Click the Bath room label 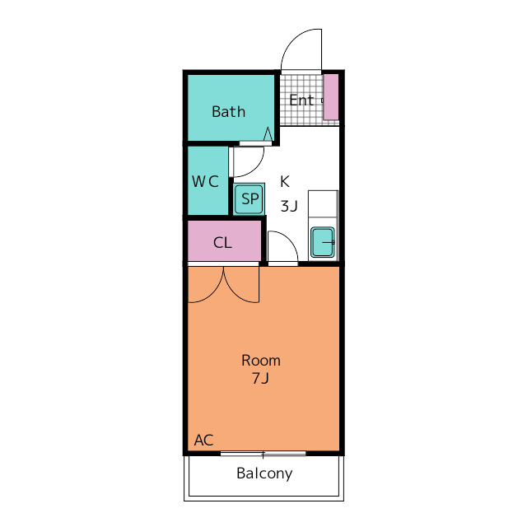pyautogui.click(x=229, y=112)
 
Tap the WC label pyautogui.click(x=205, y=181)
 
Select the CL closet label pyautogui.click(x=222, y=242)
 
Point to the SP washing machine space pyautogui.click(x=249, y=199)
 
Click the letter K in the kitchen pyautogui.click(x=285, y=181)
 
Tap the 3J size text pyautogui.click(x=289, y=206)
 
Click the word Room pyautogui.click(x=261, y=361)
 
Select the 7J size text pyautogui.click(x=260, y=379)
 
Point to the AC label pyautogui.click(x=203, y=440)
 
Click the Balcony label pyautogui.click(x=264, y=473)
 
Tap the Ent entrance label pyautogui.click(x=301, y=100)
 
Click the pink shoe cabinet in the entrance pyautogui.click(x=331, y=97)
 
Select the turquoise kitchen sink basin pyautogui.click(x=323, y=242)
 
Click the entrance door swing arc pyautogui.click(x=292, y=39)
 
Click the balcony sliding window pyautogui.click(x=263, y=454)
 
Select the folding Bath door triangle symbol pyautogui.click(x=268, y=133)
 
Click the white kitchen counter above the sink pyautogui.click(x=323, y=204)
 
